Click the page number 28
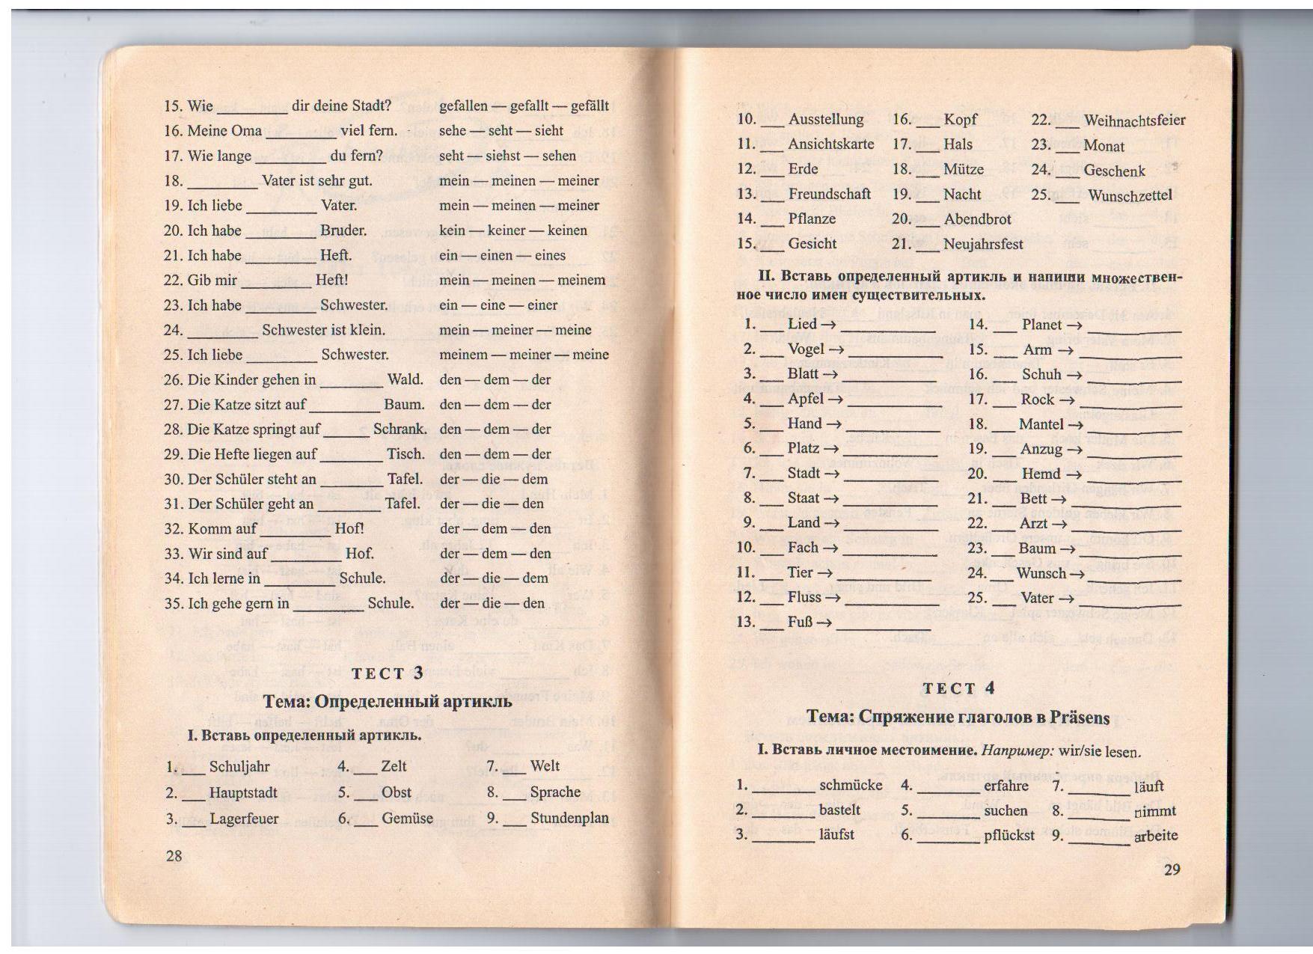coord(174,856)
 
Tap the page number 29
coord(1172,869)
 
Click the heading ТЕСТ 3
coord(388,673)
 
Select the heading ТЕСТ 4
coord(959,689)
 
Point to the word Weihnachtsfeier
coord(1134,120)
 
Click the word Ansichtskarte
coord(830,144)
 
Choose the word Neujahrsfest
coord(983,244)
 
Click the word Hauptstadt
coord(243,793)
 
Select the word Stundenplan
coord(569,818)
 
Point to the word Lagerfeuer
coord(244,819)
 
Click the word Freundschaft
coord(829,194)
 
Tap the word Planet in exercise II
coord(1041,325)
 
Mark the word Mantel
coord(1041,424)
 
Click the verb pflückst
coord(1009,835)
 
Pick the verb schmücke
coord(851,786)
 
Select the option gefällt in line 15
coord(590,106)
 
